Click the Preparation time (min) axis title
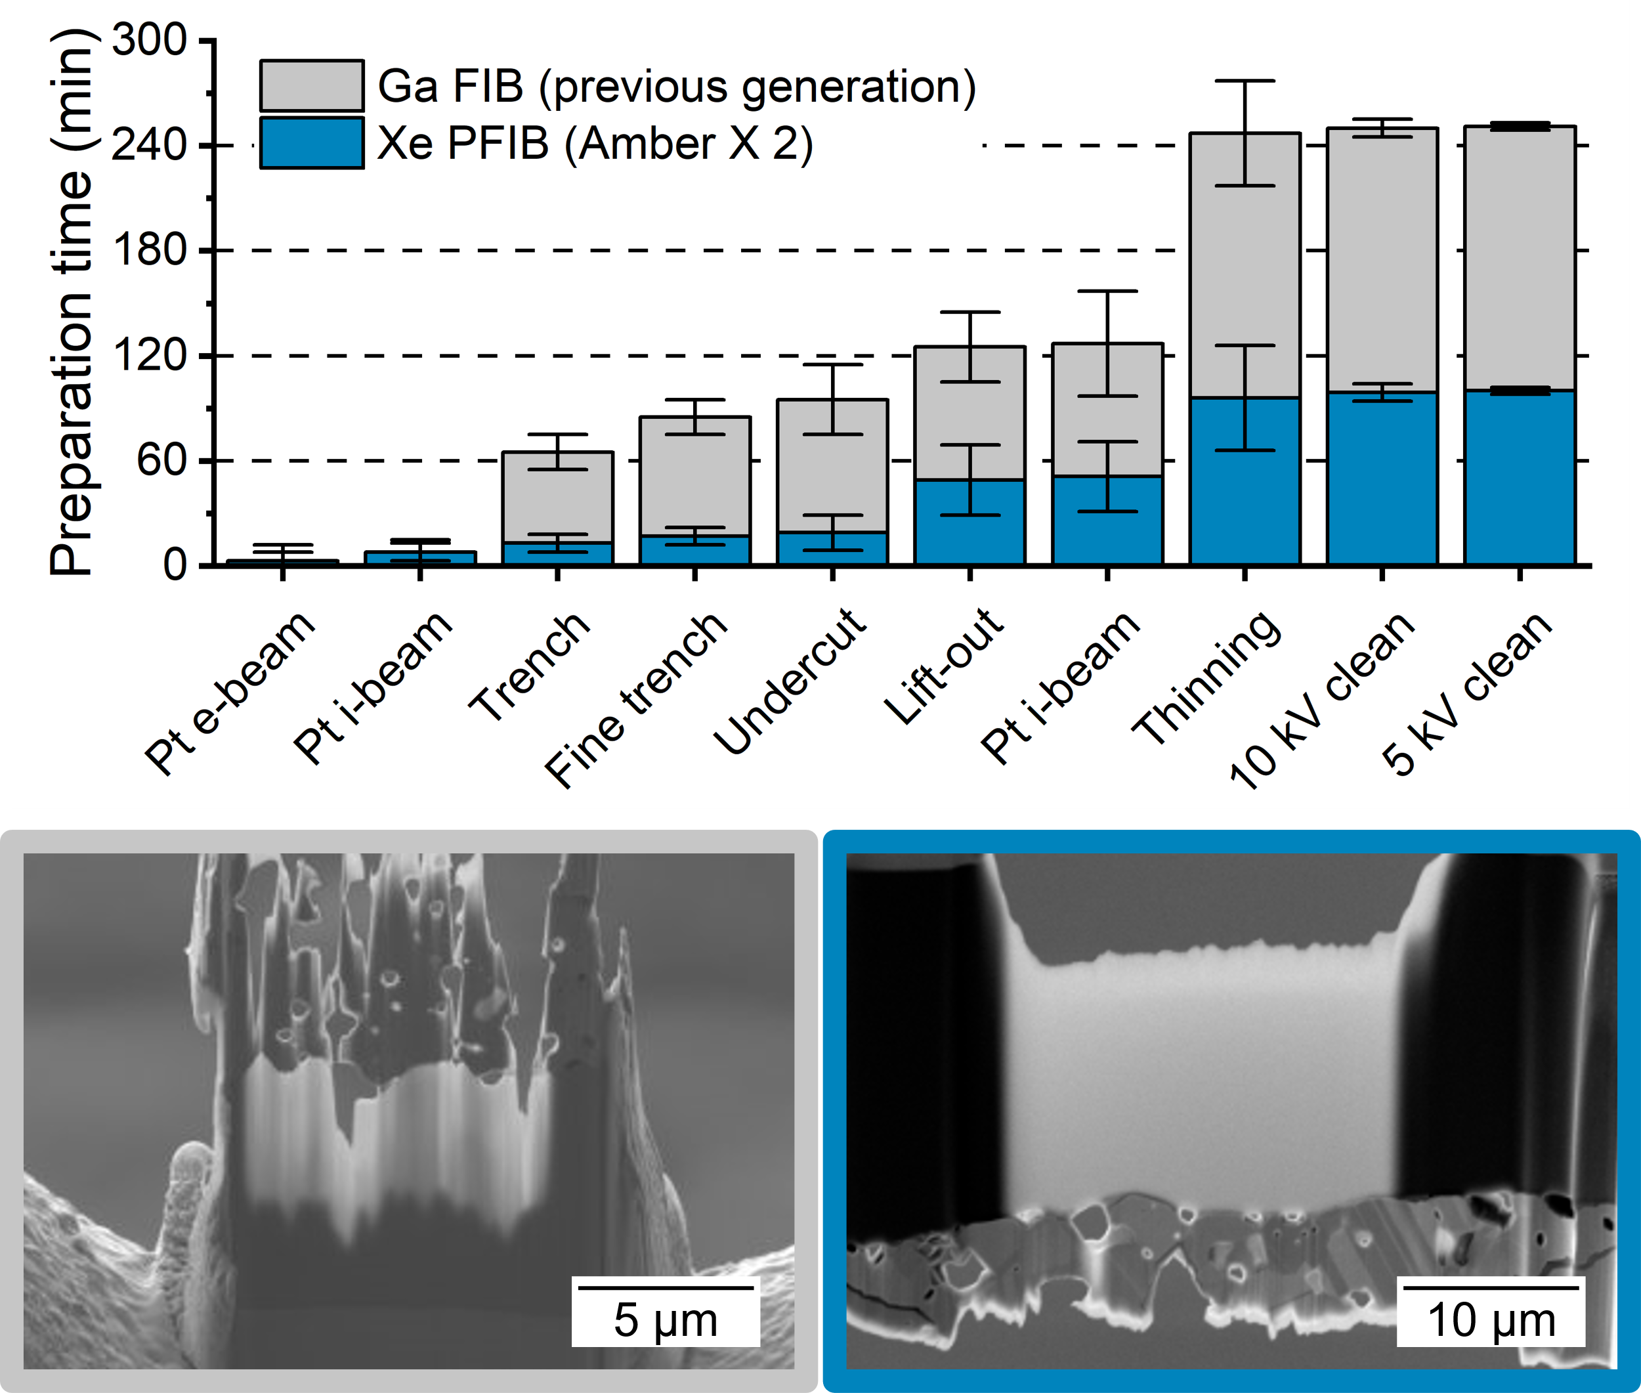(x=71, y=302)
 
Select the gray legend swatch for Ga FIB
(x=312, y=85)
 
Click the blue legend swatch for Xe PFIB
(x=312, y=143)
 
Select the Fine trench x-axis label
(x=635, y=700)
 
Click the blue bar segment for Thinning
(x=1245, y=482)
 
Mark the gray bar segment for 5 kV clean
(x=1520, y=257)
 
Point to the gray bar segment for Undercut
(x=833, y=466)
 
